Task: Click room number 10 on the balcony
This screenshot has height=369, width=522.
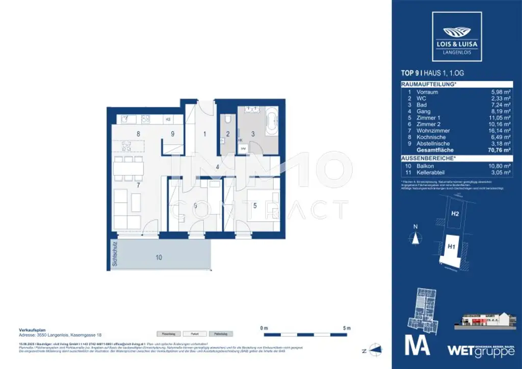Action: tap(159, 258)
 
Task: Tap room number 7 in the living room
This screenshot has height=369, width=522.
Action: tap(138, 185)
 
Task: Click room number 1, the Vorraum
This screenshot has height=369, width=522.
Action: tap(204, 135)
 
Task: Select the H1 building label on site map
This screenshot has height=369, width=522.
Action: tap(451, 247)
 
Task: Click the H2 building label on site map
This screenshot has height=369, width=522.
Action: tap(455, 214)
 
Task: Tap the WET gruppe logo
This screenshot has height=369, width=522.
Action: tap(476, 350)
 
